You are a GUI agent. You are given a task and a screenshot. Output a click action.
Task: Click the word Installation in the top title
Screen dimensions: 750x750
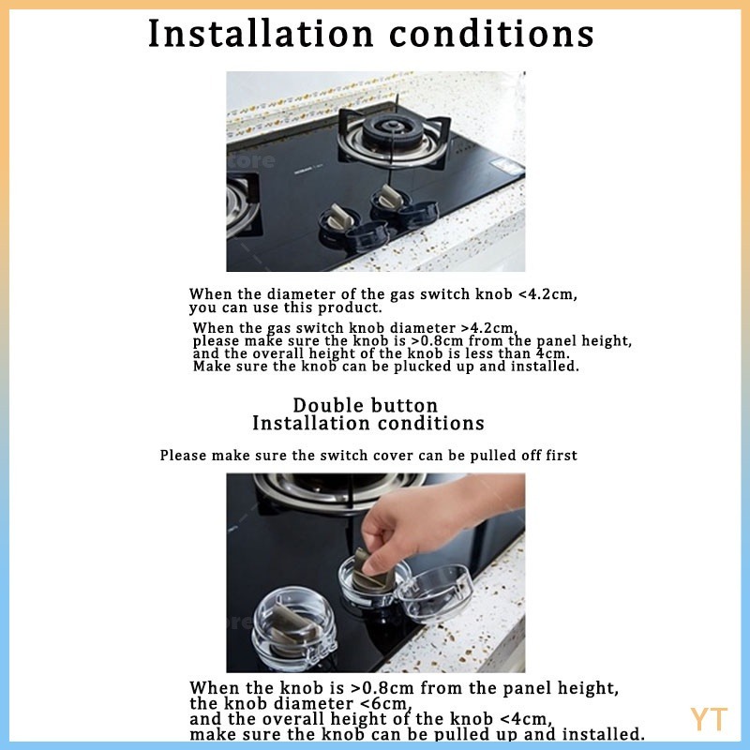pyautogui.click(x=261, y=34)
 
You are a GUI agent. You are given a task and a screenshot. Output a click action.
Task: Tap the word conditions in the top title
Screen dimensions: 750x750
pyautogui.click(x=491, y=34)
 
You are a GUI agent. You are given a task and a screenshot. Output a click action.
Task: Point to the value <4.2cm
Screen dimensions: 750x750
pyautogui.click(x=547, y=293)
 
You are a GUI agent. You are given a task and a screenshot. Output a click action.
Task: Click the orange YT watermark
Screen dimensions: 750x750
pyautogui.click(x=709, y=719)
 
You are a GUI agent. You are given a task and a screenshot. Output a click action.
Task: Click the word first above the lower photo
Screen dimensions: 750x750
pyautogui.click(x=562, y=456)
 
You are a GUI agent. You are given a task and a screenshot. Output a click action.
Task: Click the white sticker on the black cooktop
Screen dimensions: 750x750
pyautogui.click(x=506, y=166)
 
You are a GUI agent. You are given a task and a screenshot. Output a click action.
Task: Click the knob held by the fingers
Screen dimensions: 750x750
pyautogui.click(x=371, y=573)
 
